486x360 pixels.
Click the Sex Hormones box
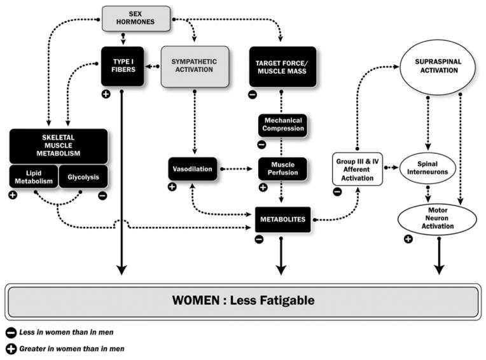136,18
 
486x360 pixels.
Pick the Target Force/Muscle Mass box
282,66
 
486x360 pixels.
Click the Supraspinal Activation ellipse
439,70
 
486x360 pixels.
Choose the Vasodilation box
191,169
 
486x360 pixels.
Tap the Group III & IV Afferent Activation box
357,169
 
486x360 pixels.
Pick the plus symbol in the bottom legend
11,349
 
